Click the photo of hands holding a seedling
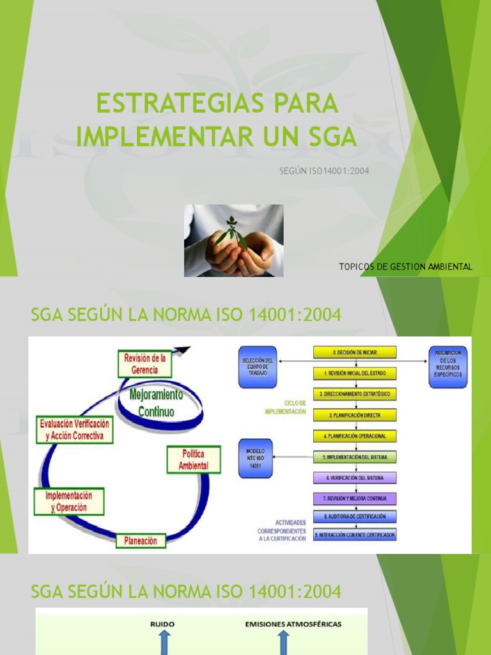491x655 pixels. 233,241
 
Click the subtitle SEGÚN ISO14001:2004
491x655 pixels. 325,171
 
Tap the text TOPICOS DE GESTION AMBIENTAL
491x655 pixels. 406,267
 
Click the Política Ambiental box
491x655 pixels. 193,460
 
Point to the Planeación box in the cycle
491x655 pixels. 141,541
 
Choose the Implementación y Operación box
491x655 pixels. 68,501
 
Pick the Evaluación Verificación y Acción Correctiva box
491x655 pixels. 75,430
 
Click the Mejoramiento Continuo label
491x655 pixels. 156,402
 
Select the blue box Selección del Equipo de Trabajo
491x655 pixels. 258,367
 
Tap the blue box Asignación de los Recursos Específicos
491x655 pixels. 448,367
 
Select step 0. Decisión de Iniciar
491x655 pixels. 355,352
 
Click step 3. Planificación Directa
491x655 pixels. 355,414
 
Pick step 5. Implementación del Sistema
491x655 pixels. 355,457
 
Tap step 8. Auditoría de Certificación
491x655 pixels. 355,516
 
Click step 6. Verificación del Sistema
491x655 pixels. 355,478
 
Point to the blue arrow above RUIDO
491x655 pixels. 162,642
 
